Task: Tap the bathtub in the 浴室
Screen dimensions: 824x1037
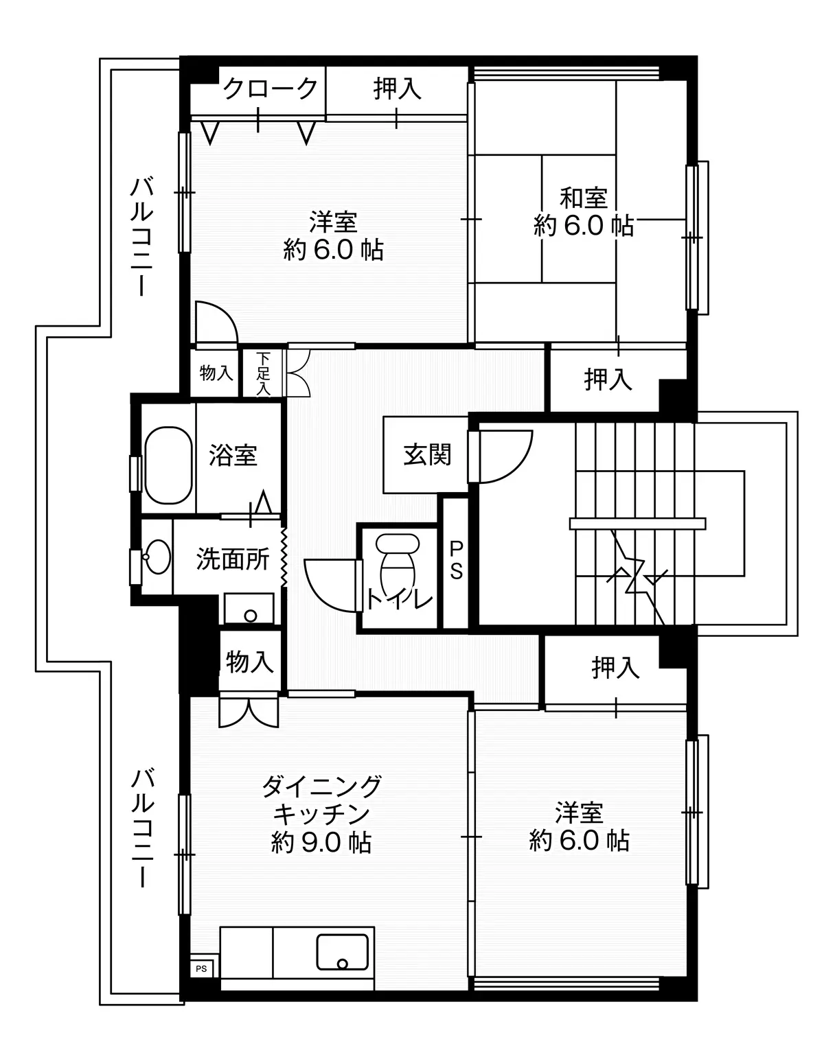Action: point(168,465)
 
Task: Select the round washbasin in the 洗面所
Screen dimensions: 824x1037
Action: point(157,557)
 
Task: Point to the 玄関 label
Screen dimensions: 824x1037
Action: point(427,454)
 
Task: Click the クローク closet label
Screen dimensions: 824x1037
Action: point(271,88)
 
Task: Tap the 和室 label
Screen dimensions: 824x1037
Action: point(584,198)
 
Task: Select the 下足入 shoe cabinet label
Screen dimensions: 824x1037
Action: point(263,373)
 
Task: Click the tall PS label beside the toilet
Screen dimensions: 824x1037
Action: point(456,560)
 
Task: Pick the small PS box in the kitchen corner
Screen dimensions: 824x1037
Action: point(201,968)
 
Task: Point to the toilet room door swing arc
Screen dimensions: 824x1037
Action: point(330,585)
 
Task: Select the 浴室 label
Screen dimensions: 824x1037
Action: point(233,456)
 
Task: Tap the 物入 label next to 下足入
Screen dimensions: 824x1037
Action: point(216,373)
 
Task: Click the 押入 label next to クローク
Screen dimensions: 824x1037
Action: point(398,88)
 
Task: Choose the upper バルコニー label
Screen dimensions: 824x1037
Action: point(141,237)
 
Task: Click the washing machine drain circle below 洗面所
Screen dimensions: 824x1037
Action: point(250,616)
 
